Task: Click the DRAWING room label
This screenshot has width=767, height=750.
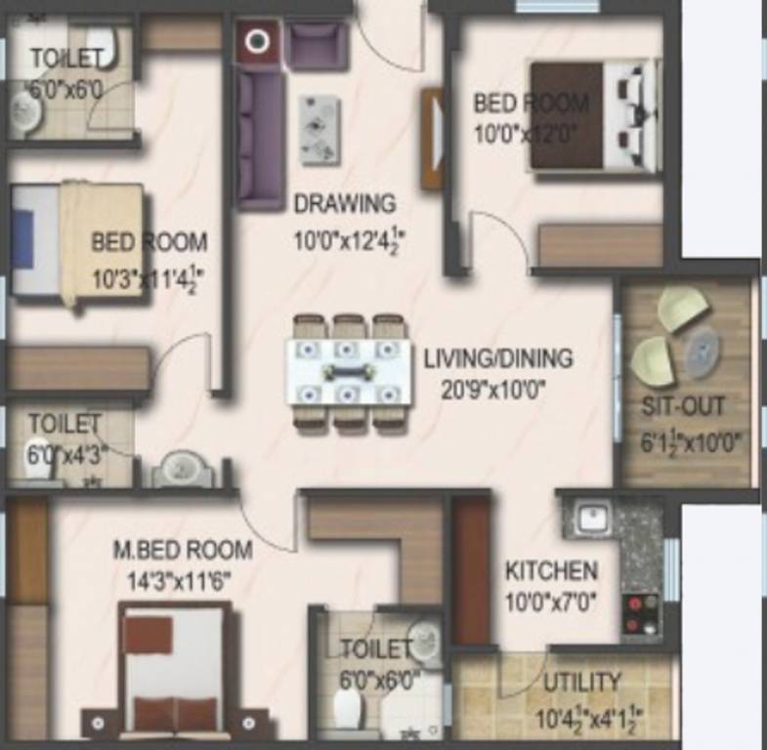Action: tap(345, 204)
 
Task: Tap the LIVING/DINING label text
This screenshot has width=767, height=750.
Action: tap(497, 358)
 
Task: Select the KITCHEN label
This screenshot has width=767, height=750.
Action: tap(551, 570)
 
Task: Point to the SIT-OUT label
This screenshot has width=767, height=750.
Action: tap(683, 406)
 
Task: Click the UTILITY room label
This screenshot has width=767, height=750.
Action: tap(581, 681)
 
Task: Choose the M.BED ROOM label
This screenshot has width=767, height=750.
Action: tap(183, 550)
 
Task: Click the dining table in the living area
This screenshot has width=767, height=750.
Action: tap(348, 372)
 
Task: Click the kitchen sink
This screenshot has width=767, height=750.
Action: tap(592, 518)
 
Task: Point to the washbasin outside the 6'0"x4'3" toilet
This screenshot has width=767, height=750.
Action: tap(183, 470)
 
